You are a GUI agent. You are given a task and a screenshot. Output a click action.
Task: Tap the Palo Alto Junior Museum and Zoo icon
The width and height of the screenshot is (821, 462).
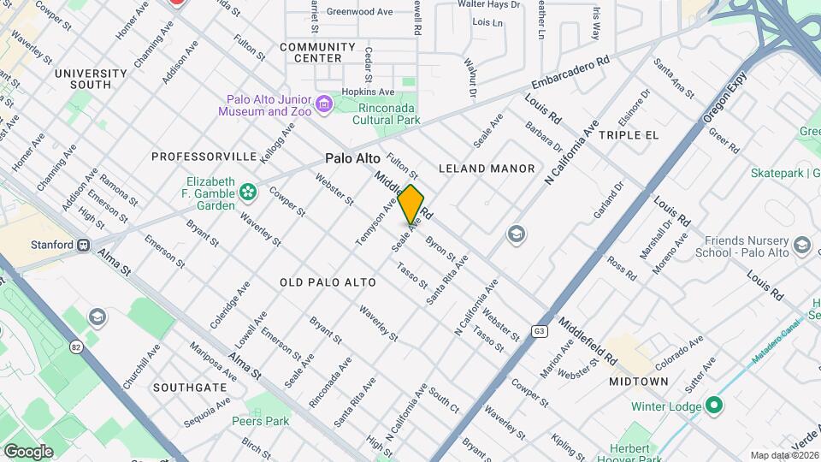click(x=323, y=105)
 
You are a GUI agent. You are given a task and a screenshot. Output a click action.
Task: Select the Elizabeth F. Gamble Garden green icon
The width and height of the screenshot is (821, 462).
click(x=248, y=192)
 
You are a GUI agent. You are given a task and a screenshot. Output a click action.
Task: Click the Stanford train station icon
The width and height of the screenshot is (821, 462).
click(x=84, y=245)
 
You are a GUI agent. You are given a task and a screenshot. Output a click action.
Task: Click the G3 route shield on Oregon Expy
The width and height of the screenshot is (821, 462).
click(x=540, y=331)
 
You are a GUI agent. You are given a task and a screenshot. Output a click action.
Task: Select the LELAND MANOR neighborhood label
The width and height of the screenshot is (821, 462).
click(x=487, y=169)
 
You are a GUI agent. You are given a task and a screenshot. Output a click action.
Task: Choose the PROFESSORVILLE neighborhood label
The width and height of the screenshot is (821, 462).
click(x=204, y=157)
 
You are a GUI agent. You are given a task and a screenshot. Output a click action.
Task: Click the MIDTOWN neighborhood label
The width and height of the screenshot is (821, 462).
click(x=639, y=381)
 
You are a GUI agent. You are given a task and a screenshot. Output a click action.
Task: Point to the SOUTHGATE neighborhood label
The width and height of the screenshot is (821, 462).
click(x=190, y=388)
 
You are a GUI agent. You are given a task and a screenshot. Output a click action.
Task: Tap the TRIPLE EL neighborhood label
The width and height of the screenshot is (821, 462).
click(x=629, y=135)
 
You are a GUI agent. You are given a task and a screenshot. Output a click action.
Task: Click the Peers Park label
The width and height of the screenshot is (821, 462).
click(x=261, y=420)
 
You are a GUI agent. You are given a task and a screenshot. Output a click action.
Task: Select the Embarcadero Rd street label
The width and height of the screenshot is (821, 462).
click(x=570, y=74)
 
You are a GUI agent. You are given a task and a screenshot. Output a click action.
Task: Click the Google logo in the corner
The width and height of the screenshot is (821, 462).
click(x=28, y=451)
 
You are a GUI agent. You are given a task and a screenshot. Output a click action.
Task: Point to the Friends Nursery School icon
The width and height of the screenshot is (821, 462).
click(x=801, y=246)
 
